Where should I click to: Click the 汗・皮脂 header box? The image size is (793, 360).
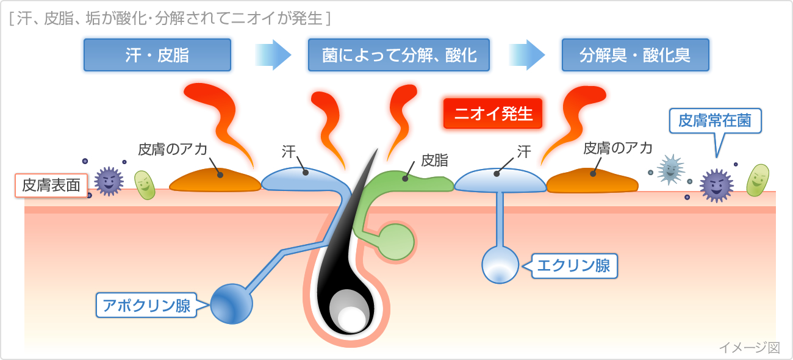coord(157,55)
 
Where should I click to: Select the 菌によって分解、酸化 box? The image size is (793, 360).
coord(400,55)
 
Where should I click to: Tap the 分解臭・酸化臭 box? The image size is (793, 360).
coord(635,55)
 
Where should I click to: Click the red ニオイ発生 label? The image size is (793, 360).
coord(493,113)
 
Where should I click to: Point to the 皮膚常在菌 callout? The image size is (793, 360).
coord(716,121)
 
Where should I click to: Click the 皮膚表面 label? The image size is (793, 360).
coord(51,185)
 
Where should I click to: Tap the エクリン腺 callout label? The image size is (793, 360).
coord(574,266)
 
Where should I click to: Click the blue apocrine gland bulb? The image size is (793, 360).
coord(231,303)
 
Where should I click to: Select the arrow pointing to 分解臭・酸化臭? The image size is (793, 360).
coord(526,55)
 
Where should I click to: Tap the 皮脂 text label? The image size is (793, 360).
coord(434,160)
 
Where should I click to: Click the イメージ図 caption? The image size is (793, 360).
coord(749,347)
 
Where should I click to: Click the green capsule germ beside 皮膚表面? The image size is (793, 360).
coord(145,184)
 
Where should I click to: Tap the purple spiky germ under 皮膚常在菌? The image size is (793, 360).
coord(715,185)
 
